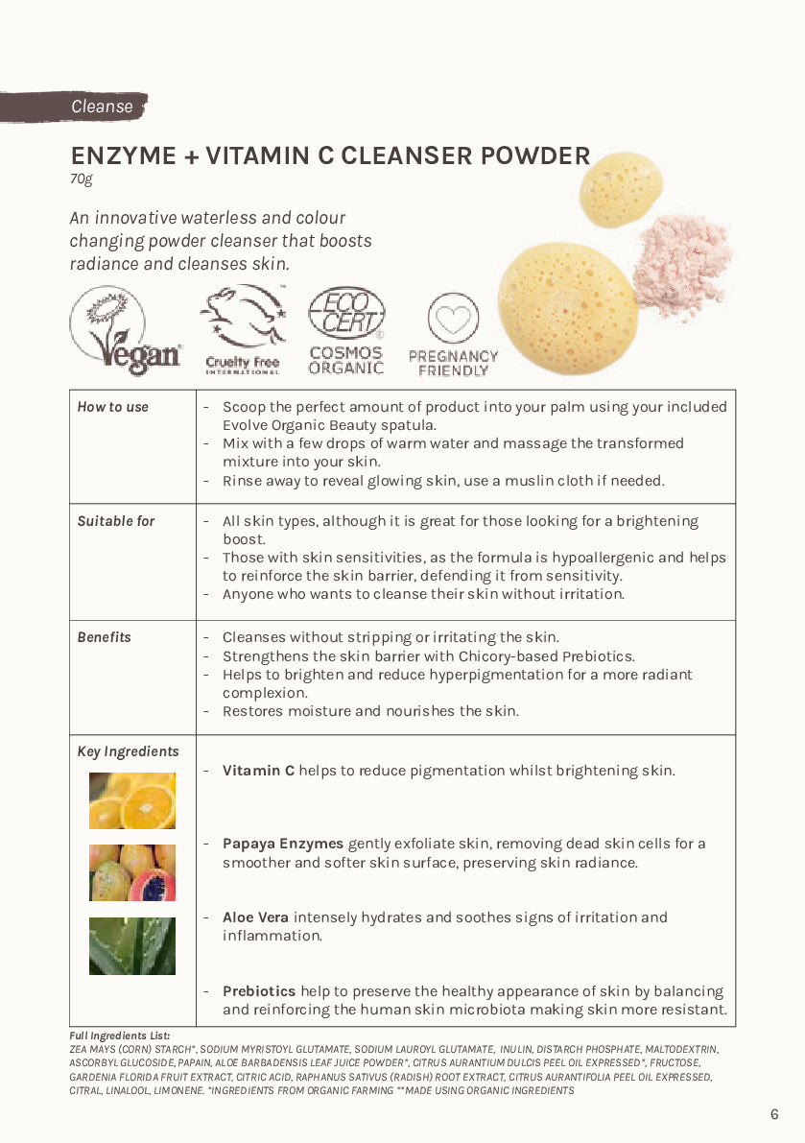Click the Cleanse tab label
102,107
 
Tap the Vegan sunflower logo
125,331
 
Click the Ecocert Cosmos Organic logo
346,331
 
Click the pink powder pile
683,264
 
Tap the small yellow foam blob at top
621,188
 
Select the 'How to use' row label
113,407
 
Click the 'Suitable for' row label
116,521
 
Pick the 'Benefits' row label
105,637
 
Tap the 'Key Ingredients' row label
128,751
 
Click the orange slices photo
132,800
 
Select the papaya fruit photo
132,872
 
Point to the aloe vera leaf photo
132,945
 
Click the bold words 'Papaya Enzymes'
283,844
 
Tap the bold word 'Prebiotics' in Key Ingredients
259,991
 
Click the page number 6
774,1114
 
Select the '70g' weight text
81,179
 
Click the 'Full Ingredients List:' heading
120,1036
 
